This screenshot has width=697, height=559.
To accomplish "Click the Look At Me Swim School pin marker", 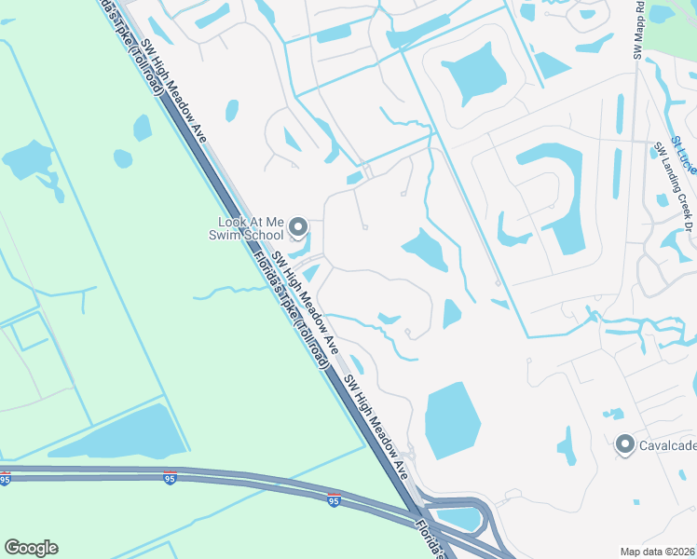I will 298,226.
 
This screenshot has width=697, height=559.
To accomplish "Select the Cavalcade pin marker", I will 624,444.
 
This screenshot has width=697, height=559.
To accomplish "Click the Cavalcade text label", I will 667,445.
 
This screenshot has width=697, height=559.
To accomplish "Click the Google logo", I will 31,548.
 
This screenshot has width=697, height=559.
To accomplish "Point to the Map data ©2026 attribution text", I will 657,551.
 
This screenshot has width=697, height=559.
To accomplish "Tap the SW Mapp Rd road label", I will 639,32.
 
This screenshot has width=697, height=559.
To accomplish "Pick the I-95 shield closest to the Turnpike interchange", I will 334,499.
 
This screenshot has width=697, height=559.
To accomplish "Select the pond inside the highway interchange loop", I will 458,516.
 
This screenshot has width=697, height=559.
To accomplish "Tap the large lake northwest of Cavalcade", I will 453,418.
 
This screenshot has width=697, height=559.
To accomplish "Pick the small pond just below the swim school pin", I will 298,248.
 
